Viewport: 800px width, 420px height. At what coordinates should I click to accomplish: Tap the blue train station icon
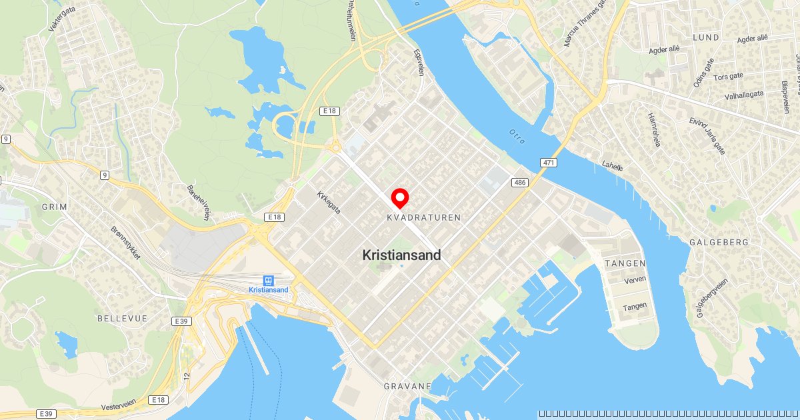268,281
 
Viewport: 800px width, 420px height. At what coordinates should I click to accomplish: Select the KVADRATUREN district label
423,218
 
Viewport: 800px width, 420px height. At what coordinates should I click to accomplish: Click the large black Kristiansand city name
401,255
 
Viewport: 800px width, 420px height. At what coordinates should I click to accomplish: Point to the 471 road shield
549,163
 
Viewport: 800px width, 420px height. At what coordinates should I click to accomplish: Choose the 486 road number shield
520,182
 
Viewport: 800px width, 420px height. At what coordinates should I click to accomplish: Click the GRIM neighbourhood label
55,207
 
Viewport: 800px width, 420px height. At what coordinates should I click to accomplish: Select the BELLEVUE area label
122,319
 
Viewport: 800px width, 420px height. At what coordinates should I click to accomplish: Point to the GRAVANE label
407,386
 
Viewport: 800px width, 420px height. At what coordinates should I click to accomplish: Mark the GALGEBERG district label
719,243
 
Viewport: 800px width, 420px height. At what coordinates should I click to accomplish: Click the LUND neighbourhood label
706,38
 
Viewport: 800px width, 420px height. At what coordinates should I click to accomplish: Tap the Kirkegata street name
329,203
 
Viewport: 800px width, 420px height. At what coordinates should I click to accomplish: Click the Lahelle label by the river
612,167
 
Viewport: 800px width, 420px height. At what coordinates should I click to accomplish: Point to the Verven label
634,279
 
